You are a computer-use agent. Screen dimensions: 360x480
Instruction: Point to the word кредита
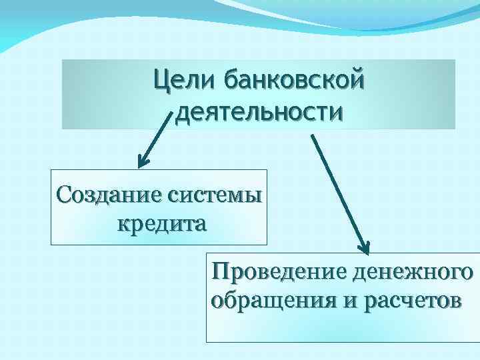pyautogui.click(x=161, y=222)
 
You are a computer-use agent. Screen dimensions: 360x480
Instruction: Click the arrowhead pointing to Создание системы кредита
pyautogui.click(x=142, y=161)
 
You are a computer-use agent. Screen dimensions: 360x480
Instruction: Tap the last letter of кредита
pyautogui.click(x=199, y=223)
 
